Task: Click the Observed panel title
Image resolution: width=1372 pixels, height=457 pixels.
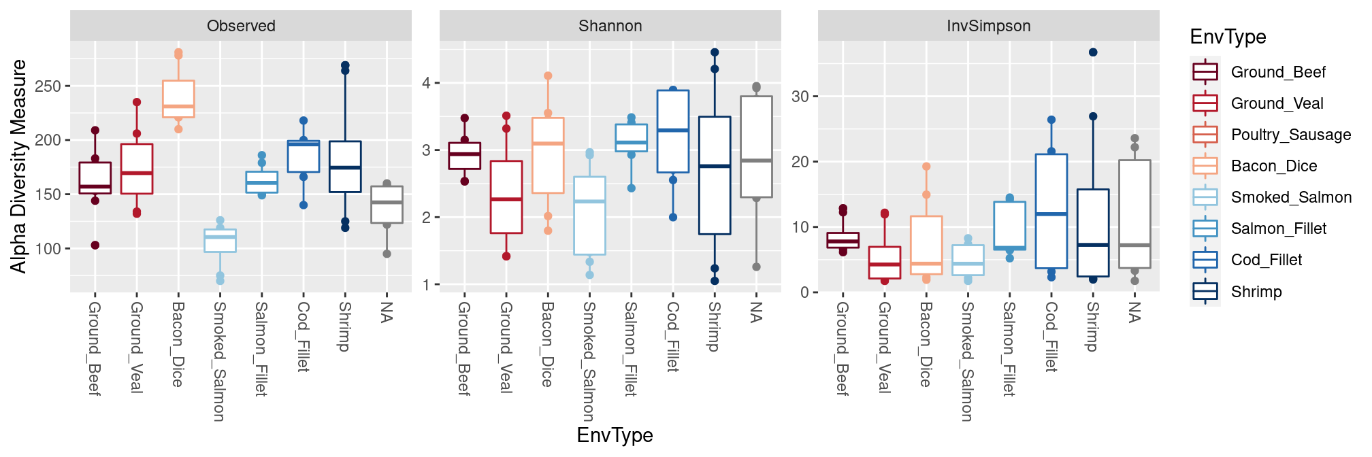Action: (241, 26)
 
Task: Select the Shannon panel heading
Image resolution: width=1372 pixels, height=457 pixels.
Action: (610, 26)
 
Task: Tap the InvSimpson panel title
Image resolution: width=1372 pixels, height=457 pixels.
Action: (988, 26)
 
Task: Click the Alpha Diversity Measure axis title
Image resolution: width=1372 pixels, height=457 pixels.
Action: (18, 166)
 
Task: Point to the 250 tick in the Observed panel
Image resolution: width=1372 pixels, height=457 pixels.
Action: (48, 86)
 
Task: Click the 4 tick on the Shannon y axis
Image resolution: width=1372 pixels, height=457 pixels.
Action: (427, 83)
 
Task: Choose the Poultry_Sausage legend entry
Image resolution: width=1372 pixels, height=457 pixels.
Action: (1290, 135)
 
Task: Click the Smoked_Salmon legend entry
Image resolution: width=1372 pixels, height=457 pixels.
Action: (1290, 197)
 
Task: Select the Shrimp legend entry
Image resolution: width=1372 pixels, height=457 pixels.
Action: (1256, 292)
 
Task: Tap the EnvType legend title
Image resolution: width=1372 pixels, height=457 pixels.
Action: (1228, 37)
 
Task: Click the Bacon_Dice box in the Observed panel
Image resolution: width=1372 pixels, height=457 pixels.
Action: (178, 99)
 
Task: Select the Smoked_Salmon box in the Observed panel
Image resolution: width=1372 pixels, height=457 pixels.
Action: (220, 241)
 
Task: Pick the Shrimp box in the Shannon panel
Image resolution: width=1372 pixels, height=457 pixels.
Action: (715, 175)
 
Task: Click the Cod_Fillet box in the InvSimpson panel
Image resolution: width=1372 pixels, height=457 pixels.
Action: (1051, 211)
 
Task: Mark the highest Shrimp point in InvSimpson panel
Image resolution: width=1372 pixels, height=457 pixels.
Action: (1093, 52)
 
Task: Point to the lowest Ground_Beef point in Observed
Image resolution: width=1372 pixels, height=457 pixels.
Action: (95, 246)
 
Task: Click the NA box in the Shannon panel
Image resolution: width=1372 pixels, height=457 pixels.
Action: (756, 147)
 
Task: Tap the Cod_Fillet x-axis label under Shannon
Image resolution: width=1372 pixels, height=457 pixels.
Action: (672, 337)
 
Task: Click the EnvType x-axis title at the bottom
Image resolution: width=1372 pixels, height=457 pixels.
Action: (615, 435)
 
